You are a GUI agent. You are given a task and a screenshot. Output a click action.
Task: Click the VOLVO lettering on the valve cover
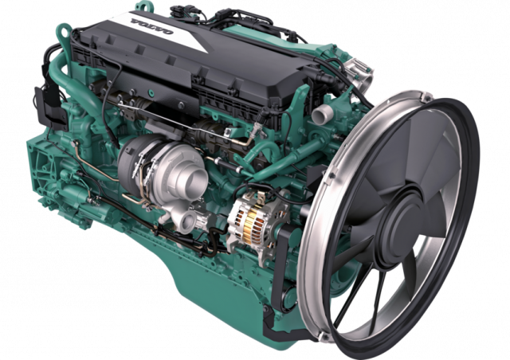(152, 26)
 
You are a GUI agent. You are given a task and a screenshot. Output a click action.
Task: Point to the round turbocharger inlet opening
(196, 177)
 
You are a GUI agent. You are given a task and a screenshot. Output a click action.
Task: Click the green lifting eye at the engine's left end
(65, 33)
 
